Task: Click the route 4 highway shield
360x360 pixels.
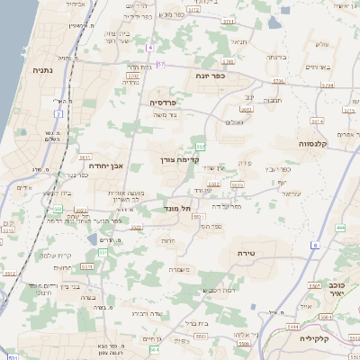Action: [x=150, y=47]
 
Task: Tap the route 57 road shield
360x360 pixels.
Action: [x=161, y=65]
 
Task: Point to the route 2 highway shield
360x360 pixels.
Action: [x=58, y=114]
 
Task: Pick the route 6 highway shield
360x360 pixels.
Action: [x=316, y=245]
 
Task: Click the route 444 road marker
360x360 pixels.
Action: [x=340, y=229]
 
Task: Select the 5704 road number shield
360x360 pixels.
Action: [x=280, y=80]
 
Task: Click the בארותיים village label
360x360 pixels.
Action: [x=317, y=67]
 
